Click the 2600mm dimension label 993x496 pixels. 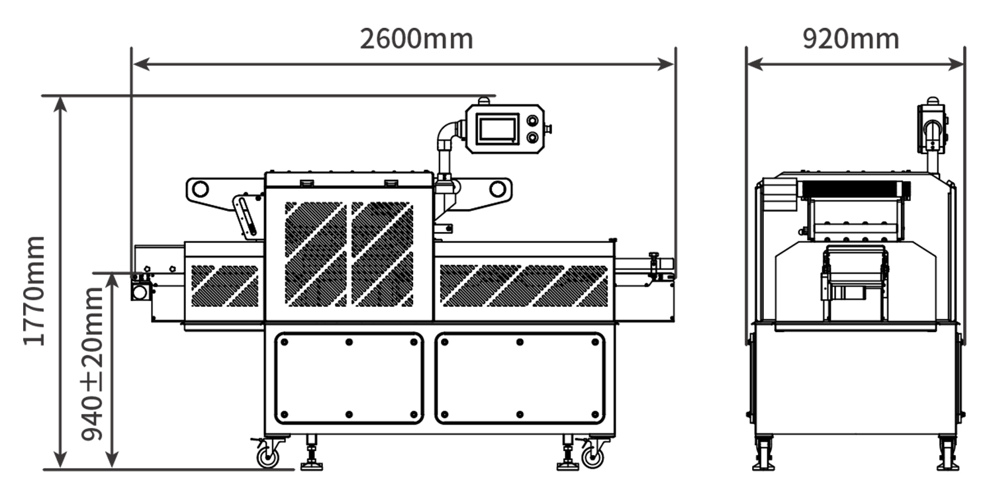pos(416,39)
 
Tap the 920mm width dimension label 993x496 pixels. pos(851,39)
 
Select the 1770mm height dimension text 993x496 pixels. pos(34,291)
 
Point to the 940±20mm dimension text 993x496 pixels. pos(92,364)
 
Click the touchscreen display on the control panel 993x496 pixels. pos(497,129)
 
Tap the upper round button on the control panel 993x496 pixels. pos(532,120)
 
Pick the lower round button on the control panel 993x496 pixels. pos(532,138)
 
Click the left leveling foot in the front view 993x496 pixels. pos(311,453)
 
